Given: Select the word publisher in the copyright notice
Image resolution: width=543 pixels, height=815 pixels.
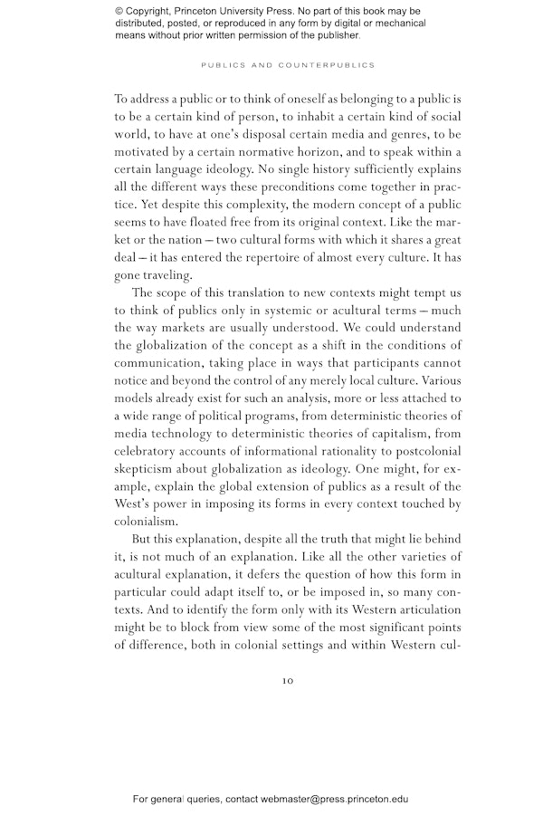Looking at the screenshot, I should pos(335,36).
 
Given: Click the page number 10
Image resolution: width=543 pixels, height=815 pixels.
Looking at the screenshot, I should pos(288,681).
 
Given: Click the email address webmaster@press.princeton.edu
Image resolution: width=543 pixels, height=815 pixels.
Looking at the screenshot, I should pos(335,800).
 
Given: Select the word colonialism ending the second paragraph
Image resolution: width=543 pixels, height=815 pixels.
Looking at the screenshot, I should pos(147,522).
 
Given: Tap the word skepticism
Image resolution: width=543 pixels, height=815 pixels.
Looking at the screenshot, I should pos(149,469).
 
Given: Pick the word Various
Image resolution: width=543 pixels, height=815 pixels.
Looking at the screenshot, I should pos(441,380).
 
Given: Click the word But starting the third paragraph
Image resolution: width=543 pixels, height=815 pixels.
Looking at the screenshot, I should pos(142,540).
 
